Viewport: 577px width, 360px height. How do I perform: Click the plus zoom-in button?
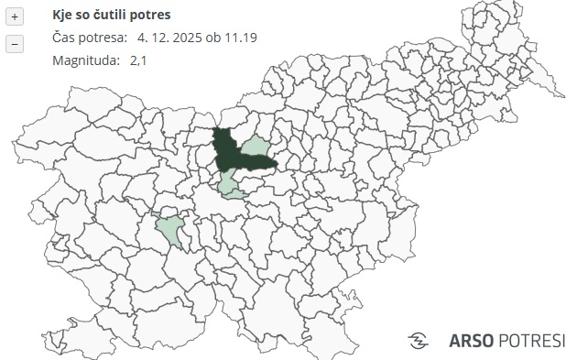point(14,17)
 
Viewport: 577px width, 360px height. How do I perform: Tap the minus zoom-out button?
point(14,43)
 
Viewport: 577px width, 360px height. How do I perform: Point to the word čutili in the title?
point(116,16)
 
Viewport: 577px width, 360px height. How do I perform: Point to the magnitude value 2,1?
point(138,60)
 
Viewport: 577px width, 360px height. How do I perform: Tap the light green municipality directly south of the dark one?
point(233,186)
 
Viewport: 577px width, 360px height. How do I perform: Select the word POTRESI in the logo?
point(532,341)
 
